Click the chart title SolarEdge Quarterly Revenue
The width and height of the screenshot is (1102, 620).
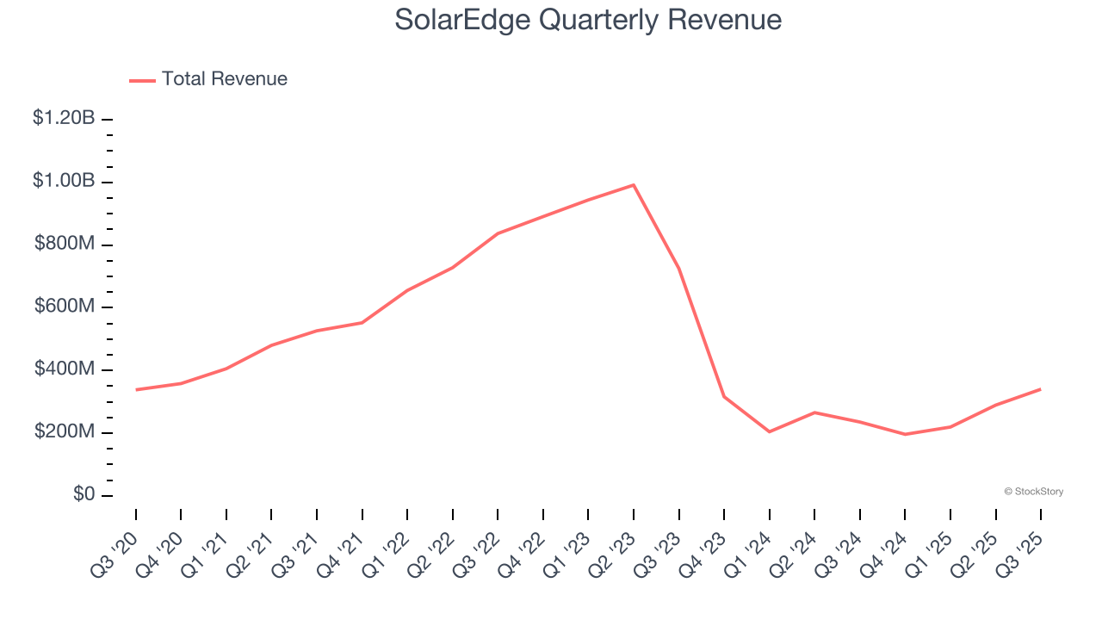click(588, 20)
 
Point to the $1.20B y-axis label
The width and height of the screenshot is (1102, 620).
click(64, 119)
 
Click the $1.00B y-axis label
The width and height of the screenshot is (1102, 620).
click(64, 182)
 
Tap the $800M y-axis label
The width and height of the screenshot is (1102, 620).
click(65, 245)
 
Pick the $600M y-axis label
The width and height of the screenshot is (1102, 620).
click(65, 307)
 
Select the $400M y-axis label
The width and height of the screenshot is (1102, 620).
click(65, 369)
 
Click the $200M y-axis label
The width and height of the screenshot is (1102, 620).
click(65, 432)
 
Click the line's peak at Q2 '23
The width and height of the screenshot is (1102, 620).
click(634, 184)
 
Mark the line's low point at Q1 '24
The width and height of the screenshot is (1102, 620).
click(769, 431)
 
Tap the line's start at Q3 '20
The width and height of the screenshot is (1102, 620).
click(136, 389)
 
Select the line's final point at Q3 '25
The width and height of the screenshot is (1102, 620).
click(1040, 389)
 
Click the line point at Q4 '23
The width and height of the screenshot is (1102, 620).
click(724, 397)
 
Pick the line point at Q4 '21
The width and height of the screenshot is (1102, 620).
click(362, 323)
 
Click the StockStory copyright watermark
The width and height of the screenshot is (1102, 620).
click(1033, 492)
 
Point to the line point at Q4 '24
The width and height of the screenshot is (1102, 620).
click(905, 434)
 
